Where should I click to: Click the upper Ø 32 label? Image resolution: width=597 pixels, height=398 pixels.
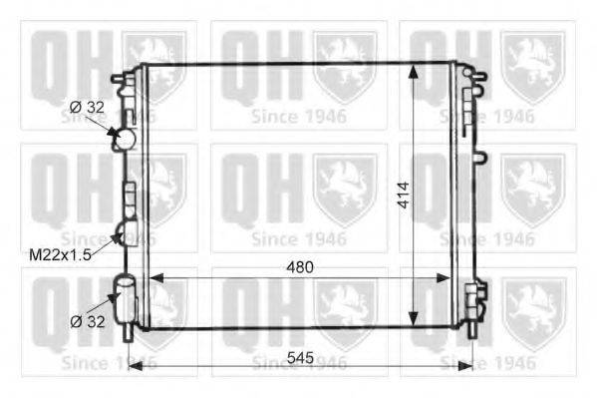point(87,108)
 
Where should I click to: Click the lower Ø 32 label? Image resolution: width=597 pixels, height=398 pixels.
point(87,322)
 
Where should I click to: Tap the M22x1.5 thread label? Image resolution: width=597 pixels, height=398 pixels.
point(60,255)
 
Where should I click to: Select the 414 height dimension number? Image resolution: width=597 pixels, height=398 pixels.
point(404,196)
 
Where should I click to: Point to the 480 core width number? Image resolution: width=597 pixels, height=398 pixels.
point(300,267)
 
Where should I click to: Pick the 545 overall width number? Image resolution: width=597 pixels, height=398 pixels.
point(300,357)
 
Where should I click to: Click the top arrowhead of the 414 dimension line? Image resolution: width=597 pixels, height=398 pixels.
point(413,71)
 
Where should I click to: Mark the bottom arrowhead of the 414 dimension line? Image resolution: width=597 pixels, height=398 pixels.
point(413,319)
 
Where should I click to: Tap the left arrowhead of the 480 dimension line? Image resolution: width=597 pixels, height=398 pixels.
point(155,278)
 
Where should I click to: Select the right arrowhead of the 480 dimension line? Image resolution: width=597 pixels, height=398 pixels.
point(444,278)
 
